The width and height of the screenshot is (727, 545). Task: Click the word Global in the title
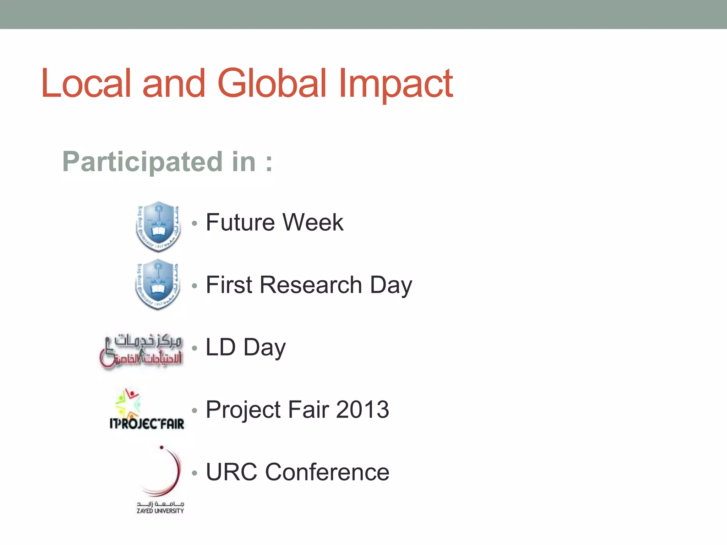coord(272,83)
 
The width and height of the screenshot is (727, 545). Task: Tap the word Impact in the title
coord(395,83)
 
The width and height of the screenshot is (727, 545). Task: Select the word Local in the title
coord(86,83)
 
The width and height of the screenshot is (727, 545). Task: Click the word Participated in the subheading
coord(142,162)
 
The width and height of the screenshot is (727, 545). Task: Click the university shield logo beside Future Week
coord(158,226)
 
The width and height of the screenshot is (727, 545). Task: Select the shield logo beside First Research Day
coord(158,284)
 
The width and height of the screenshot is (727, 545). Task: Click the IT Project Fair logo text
coord(147,423)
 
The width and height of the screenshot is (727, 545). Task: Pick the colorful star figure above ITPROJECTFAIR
coord(128,403)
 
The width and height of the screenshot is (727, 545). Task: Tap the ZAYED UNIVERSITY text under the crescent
coord(160,511)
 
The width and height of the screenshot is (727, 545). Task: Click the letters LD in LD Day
coord(220,347)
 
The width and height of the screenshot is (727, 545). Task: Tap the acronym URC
coord(231,472)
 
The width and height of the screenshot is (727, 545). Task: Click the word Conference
coord(327,472)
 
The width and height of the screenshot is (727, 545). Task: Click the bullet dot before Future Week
coord(194,224)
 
